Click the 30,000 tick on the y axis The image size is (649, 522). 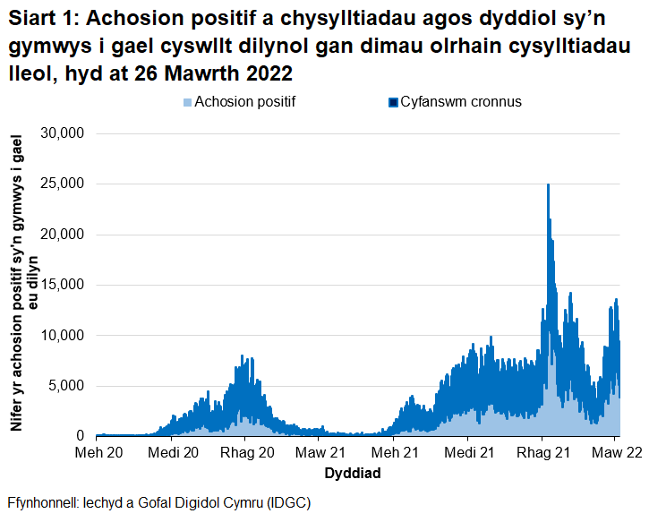point(63,133)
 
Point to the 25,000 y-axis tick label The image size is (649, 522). point(63,184)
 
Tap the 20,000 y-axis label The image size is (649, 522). point(63,235)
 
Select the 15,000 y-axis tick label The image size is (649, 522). point(63,285)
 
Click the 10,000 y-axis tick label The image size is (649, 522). point(63,336)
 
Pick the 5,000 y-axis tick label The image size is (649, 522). point(66,386)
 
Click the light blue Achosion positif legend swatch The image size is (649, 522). point(187,102)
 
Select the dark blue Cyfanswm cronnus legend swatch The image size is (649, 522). point(392,102)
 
